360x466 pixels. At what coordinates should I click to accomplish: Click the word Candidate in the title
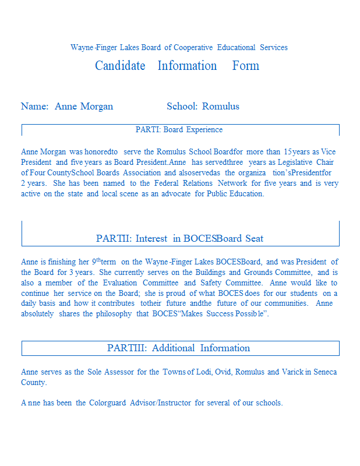point(120,66)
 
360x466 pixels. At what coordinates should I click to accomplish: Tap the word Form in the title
point(246,66)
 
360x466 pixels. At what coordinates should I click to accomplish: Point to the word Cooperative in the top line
point(194,47)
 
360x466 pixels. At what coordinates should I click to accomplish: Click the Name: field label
point(34,106)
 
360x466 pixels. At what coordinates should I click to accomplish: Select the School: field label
point(182,106)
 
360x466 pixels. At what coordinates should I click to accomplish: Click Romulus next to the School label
point(221,106)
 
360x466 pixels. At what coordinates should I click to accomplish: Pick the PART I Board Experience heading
point(179,129)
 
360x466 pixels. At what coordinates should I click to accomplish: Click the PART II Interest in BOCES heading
point(179,238)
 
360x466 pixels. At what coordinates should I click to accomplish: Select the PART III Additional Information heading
point(179,348)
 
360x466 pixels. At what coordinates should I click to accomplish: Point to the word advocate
point(175,193)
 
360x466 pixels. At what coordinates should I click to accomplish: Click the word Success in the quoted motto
point(220,314)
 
